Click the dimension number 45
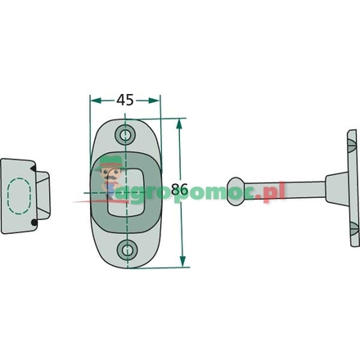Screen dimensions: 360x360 (x=125, y=100)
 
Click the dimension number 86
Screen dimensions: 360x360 (x=180, y=189)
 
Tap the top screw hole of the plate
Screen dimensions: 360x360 (x=125, y=134)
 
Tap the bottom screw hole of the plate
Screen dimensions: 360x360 (x=127, y=250)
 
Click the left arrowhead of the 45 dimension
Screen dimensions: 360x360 (x=96, y=101)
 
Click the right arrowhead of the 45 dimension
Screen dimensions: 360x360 (x=154, y=101)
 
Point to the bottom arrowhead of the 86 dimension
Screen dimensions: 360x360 (x=182, y=262)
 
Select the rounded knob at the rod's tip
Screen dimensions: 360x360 (x=236, y=191)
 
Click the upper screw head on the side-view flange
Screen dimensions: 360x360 (x=353, y=146)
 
